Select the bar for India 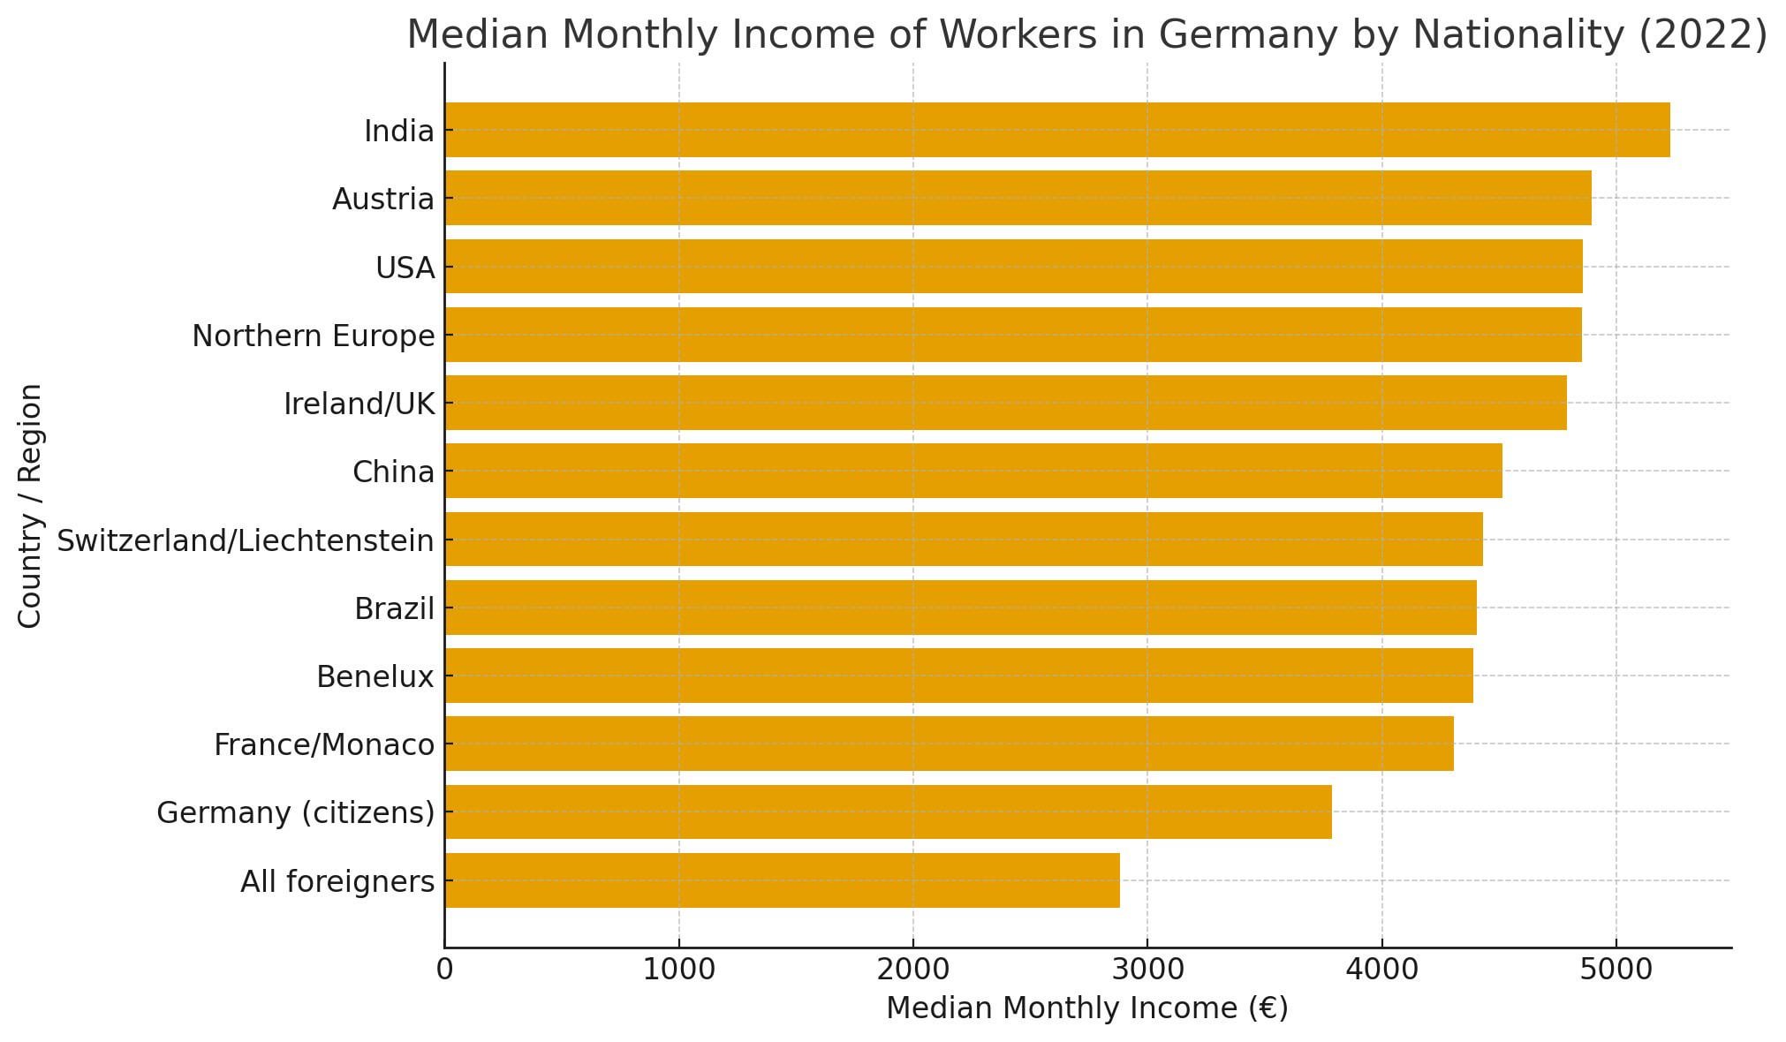click(1056, 130)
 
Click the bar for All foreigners click(782, 880)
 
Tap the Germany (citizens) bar click(888, 812)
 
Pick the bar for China click(972, 471)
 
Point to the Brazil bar click(960, 608)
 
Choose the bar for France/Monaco click(949, 744)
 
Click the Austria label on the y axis click(383, 200)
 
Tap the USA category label click(405, 268)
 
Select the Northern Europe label click(314, 336)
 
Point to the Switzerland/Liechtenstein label click(246, 540)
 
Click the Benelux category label click(375, 677)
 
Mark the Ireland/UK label click(359, 404)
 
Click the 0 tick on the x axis click(444, 970)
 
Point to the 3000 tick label click(1147, 970)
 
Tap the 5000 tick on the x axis click(1616, 970)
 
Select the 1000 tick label click(678, 970)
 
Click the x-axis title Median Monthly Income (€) click(1086, 1008)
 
